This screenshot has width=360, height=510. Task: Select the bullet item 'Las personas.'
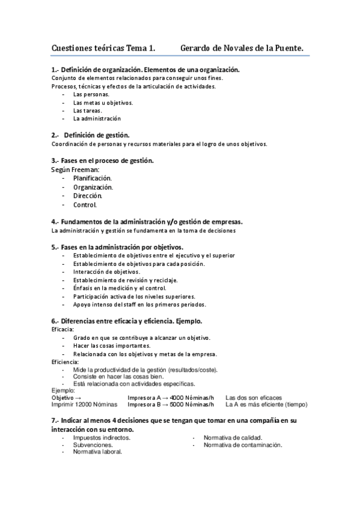click(x=91, y=94)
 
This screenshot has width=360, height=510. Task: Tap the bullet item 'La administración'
click(x=97, y=118)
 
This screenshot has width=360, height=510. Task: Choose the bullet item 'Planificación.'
click(x=93, y=178)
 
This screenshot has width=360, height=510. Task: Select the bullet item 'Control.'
click(x=85, y=204)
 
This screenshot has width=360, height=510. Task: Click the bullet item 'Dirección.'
click(x=88, y=195)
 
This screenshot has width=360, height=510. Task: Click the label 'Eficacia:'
click(x=63, y=330)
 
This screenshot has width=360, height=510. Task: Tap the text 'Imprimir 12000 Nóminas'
click(x=82, y=404)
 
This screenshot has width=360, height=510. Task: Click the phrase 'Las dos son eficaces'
click(x=253, y=398)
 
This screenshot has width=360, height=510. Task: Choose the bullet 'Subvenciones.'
click(x=93, y=445)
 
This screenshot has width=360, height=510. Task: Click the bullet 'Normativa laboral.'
click(x=97, y=452)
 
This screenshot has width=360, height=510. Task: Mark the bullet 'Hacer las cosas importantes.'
click(x=112, y=346)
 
